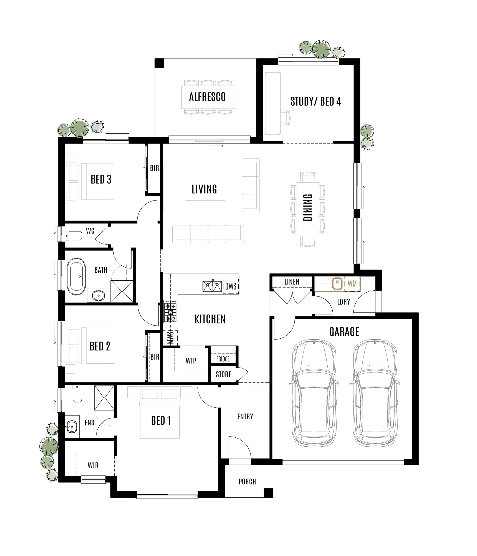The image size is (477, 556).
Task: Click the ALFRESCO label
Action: pyautogui.click(x=207, y=97)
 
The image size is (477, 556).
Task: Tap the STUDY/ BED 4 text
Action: pyautogui.click(x=315, y=102)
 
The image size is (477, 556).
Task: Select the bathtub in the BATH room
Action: pyautogui.click(x=76, y=276)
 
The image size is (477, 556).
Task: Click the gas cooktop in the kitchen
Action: pyautogui.click(x=170, y=311)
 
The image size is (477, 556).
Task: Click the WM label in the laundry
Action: pyautogui.click(x=352, y=284)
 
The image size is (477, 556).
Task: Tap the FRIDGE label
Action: pyautogui.click(x=223, y=359)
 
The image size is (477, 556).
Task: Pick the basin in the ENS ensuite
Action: pyautogui.click(x=72, y=426)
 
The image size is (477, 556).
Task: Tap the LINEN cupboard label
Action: pyautogui.click(x=292, y=282)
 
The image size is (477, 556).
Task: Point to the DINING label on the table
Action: pyautogui.click(x=308, y=208)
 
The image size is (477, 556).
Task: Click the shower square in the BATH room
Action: pyautogui.click(x=122, y=291)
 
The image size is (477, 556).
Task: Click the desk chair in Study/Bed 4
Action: pyautogui.click(x=286, y=118)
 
